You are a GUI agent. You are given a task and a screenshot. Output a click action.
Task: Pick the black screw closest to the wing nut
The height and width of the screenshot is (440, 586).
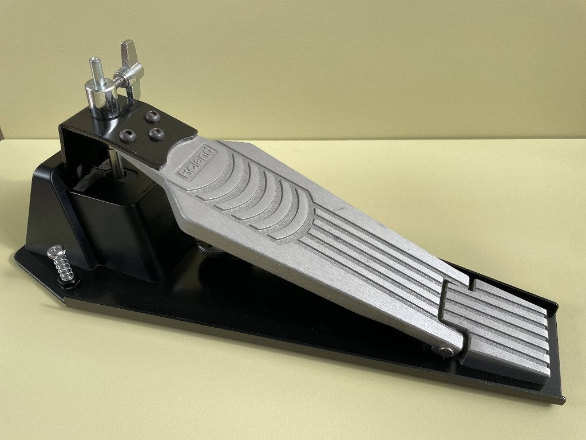[x=152, y=117]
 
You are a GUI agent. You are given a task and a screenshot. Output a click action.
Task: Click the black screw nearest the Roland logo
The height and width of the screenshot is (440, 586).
[x=157, y=133]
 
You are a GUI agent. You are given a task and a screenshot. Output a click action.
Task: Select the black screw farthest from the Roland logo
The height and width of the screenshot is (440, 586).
[x=128, y=136]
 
